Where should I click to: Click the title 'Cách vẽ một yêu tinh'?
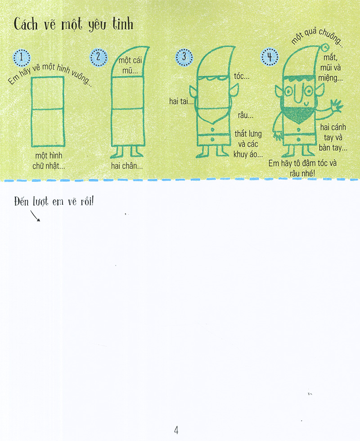pyautogui.click(x=73, y=24)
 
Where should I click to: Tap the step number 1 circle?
pyautogui.click(x=22, y=57)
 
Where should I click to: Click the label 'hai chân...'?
pyautogui.click(x=127, y=166)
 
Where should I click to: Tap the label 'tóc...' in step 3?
pyautogui.click(x=243, y=76)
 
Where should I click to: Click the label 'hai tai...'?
pyautogui.click(x=181, y=101)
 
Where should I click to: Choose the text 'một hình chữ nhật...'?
pyautogui.click(x=49, y=161)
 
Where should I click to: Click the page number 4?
pyautogui.click(x=176, y=430)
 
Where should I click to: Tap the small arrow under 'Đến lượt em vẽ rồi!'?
pyautogui.click(x=36, y=217)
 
